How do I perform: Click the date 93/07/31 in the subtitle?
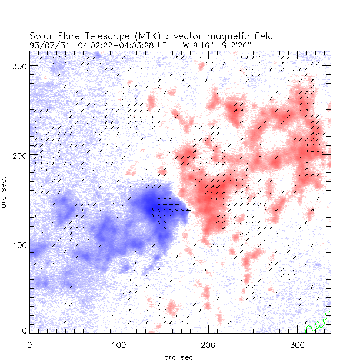[x=46, y=45]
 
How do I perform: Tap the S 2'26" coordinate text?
[x=234, y=45]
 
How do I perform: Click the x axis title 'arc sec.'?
[x=180, y=357]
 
